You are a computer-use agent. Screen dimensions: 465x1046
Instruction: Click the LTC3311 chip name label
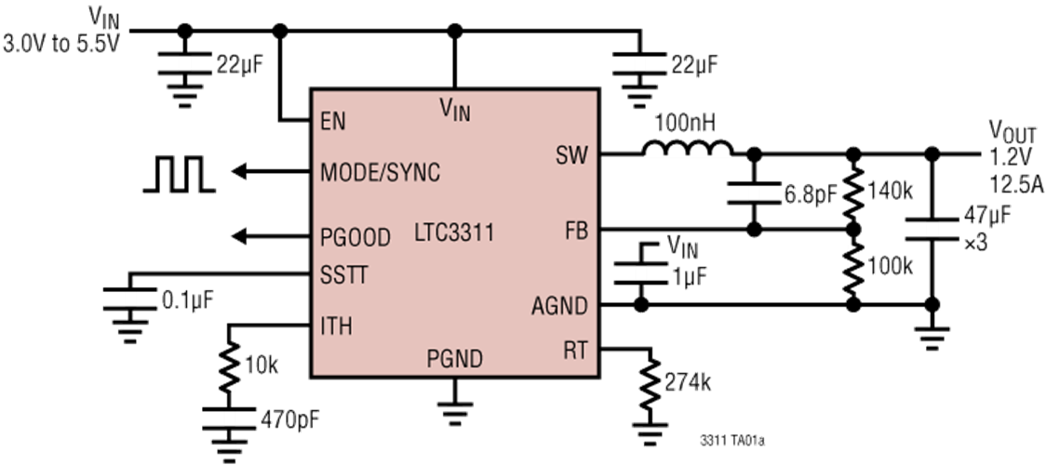[454, 233]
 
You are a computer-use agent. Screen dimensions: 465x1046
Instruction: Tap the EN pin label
[333, 122]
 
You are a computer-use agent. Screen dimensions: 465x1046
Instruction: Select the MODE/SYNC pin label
[380, 173]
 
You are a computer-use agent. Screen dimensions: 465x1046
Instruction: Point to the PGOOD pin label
[355, 237]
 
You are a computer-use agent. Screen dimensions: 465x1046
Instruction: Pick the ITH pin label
[336, 325]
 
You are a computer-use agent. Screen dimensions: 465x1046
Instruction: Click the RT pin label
[575, 350]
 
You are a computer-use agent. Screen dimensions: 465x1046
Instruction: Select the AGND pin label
[559, 305]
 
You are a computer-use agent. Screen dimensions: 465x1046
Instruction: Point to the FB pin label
[576, 231]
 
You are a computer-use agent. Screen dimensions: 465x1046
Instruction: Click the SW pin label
[571, 155]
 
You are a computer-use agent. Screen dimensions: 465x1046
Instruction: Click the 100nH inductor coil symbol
[687, 149]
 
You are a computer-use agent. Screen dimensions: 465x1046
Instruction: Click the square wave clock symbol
[179, 175]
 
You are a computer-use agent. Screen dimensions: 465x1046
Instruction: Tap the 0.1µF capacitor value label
[189, 300]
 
